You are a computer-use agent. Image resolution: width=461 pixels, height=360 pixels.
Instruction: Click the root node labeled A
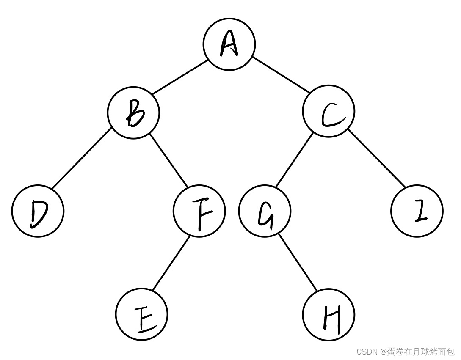point(229,44)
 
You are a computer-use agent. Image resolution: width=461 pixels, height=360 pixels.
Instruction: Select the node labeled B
point(133,113)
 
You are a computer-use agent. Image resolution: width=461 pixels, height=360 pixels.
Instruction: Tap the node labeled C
point(328,112)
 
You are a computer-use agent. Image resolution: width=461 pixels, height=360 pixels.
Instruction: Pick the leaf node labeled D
point(38,211)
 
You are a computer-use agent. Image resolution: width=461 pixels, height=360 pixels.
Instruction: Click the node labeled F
point(199,211)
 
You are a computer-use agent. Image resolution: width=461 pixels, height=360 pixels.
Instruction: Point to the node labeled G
point(265,211)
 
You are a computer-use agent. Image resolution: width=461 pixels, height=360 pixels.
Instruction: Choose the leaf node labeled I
point(417,211)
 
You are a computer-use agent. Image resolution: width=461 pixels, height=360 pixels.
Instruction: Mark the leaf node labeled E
point(141,314)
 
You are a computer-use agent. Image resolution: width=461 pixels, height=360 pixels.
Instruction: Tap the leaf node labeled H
point(328,315)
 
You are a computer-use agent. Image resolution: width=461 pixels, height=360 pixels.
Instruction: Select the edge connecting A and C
point(281,77)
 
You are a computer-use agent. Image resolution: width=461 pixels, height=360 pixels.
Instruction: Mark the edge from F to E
point(171,262)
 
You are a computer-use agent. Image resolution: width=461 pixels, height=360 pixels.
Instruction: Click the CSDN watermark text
point(405,352)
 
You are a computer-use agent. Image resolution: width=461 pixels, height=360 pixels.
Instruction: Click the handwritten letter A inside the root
point(229,45)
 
